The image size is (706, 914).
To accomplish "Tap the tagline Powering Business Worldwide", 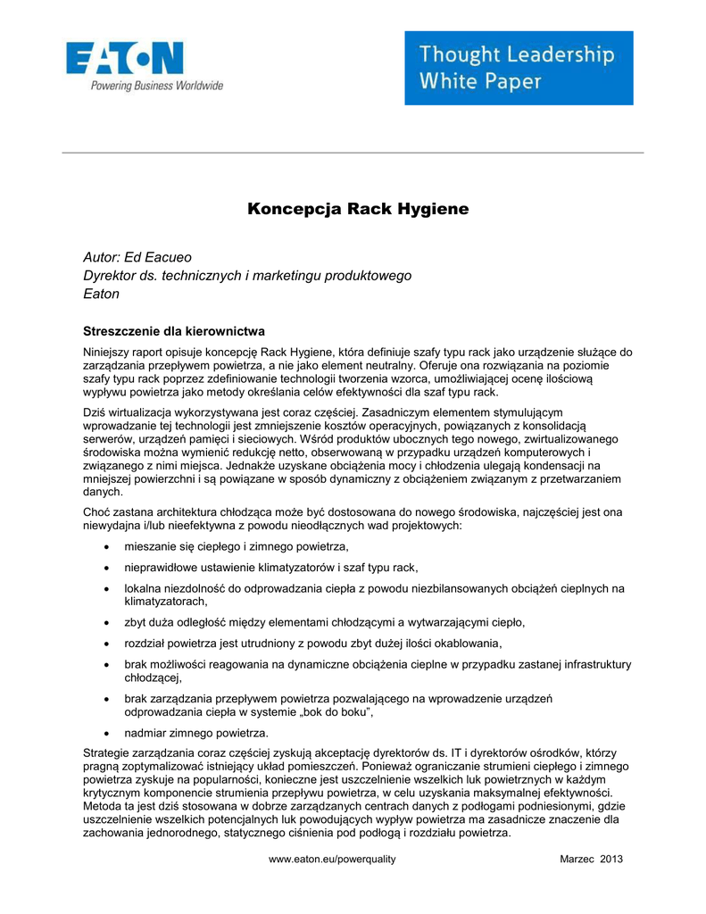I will [x=155, y=86].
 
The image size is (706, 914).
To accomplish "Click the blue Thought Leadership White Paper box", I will [x=519, y=68].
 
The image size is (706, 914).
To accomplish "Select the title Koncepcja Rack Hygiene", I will [x=357, y=210].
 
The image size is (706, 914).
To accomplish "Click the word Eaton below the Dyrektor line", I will [x=101, y=293].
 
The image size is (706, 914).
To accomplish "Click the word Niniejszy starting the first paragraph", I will [x=107, y=353].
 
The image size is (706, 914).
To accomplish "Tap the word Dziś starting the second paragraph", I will [x=95, y=412].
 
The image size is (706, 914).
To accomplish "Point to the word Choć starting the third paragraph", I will [x=96, y=512].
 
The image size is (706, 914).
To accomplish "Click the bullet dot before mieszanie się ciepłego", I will [x=108, y=546].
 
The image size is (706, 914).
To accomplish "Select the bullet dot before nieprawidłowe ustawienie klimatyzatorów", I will [x=108, y=568].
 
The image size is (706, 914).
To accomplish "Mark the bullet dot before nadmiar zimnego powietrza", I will [x=108, y=733].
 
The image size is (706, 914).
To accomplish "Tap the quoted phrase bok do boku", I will [x=333, y=712].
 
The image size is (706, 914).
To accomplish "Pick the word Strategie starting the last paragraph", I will [x=108, y=753].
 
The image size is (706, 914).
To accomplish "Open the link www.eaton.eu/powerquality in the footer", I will [x=332, y=859].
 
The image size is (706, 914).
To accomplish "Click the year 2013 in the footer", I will [x=610, y=859].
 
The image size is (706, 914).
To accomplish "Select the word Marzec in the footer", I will [x=577, y=859].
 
